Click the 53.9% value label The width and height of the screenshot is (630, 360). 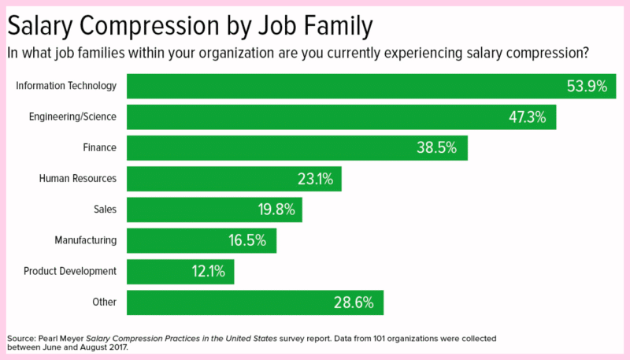point(587,87)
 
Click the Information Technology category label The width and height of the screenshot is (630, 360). point(66,86)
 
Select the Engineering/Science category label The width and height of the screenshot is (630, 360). point(72,117)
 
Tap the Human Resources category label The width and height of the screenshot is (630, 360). point(78,179)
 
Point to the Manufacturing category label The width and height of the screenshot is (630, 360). point(86,240)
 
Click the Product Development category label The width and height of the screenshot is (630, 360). point(70,271)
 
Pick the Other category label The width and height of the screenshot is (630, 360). point(104,302)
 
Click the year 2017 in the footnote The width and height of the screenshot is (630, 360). point(116,347)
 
